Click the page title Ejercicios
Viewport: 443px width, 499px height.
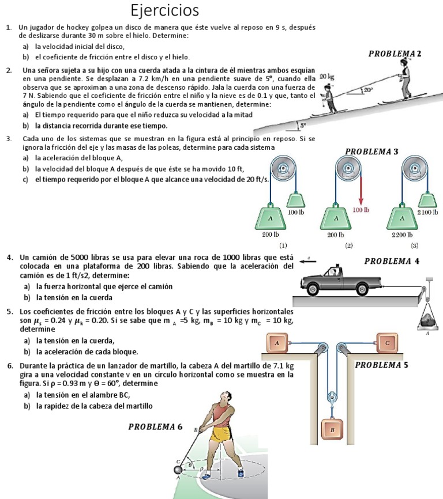(x=164, y=11)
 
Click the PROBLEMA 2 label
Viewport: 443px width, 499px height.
(x=395, y=54)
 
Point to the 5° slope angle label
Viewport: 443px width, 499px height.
(x=303, y=124)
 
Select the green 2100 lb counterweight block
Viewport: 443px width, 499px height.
(x=427, y=199)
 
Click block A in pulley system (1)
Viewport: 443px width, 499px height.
(x=270, y=218)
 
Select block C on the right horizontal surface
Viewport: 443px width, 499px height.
(x=387, y=343)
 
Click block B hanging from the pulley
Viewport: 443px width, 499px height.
(x=332, y=429)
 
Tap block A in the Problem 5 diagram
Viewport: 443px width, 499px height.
(x=277, y=343)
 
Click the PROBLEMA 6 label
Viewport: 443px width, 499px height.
(x=155, y=427)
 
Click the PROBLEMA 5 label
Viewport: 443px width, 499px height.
(x=381, y=365)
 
